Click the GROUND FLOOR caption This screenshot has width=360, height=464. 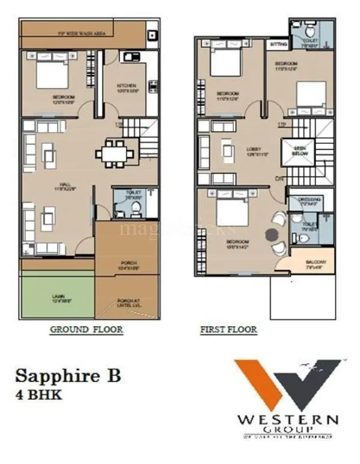pos(86,329)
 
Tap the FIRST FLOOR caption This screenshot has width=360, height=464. pos(228,329)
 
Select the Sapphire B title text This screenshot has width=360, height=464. pos(68,376)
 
